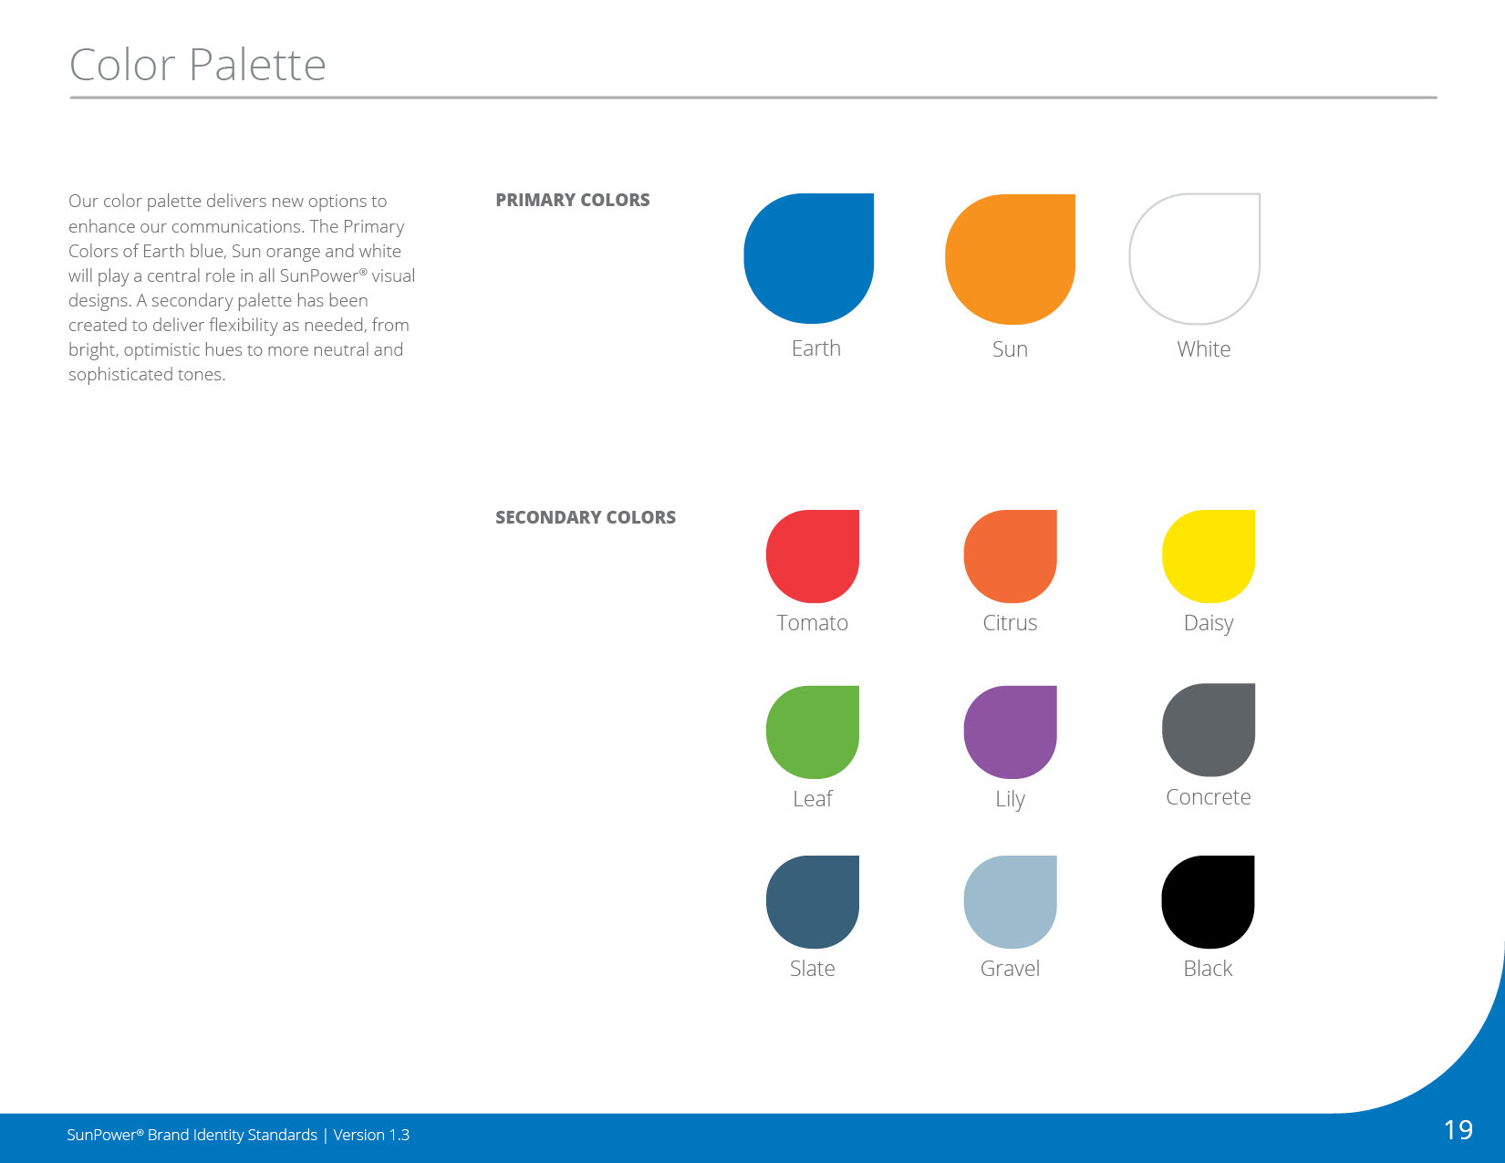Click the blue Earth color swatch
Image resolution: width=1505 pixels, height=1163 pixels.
tap(808, 258)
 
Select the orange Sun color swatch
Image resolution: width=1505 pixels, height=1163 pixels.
tap(1010, 259)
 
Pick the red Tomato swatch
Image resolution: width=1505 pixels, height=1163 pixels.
tap(813, 556)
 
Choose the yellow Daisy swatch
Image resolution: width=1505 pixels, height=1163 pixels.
tap(1209, 556)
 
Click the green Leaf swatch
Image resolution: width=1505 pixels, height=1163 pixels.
tap(813, 732)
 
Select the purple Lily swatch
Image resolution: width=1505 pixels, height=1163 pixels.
tap(1011, 732)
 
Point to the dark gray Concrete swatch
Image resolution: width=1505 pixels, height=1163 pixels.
tap(1209, 730)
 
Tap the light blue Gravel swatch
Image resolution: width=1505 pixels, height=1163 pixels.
tap(1011, 902)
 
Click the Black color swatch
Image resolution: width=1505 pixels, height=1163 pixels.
tap(1209, 902)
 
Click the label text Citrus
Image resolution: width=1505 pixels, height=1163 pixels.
tap(1010, 623)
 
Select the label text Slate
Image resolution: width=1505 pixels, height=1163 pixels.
tap(813, 969)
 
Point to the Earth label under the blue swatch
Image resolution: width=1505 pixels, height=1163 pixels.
tap(815, 348)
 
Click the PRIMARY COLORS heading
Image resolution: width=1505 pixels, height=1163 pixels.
tap(573, 200)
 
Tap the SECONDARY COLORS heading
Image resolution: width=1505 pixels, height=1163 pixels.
tap(586, 517)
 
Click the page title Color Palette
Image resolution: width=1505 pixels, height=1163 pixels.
tap(197, 65)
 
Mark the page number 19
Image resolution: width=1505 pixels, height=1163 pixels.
tap(1458, 1130)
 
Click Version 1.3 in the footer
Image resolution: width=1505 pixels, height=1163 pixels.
tap(371, 1135)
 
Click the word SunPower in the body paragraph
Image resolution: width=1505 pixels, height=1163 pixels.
tap(319, 275)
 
